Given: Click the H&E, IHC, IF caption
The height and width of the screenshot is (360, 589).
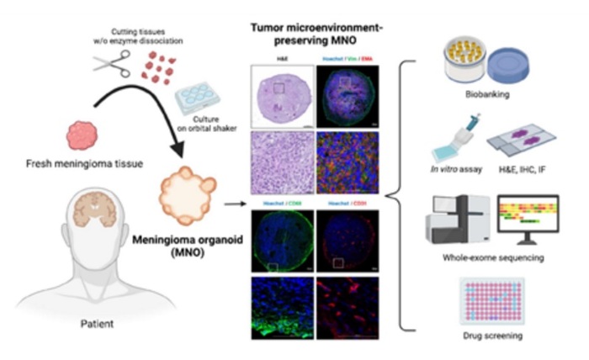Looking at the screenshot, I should point(523,176).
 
